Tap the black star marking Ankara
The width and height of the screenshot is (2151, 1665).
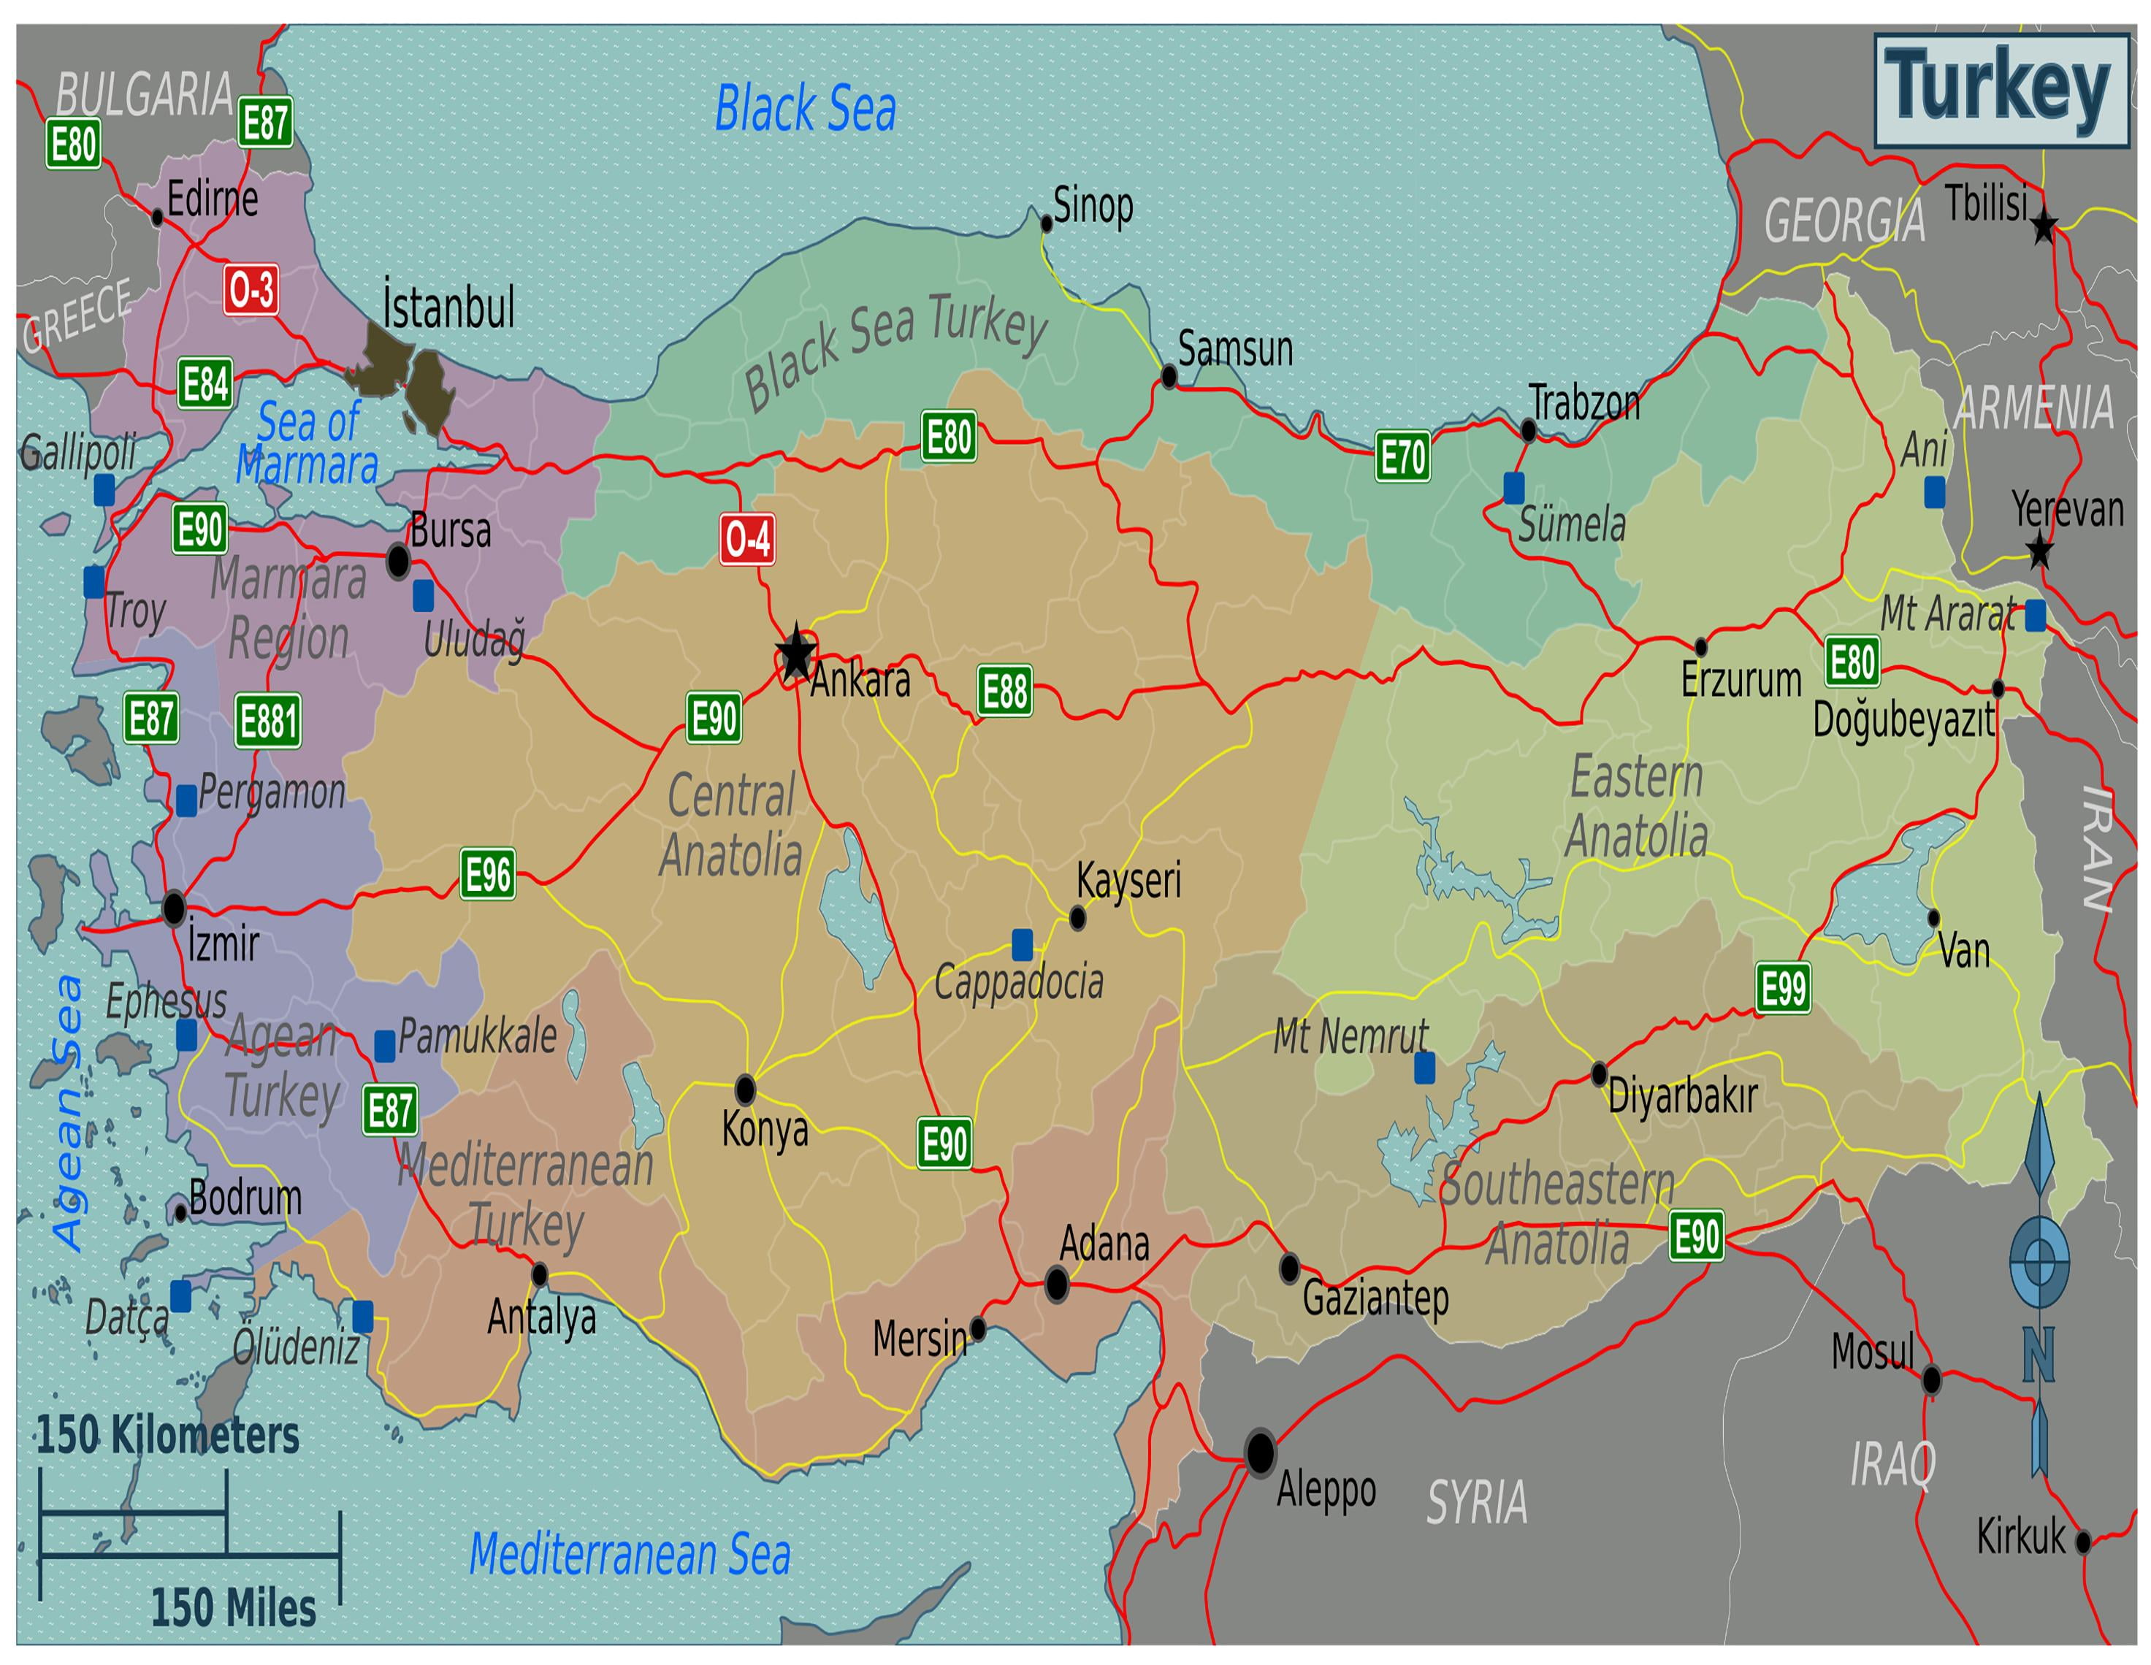796,653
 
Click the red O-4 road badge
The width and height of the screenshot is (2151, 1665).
746,539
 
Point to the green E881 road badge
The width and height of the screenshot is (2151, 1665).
268,721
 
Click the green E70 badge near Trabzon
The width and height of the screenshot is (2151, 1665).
1402,457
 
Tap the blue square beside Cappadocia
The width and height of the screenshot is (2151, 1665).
1023,944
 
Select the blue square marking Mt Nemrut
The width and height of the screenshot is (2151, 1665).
1424,1068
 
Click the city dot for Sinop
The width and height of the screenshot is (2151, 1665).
1047,223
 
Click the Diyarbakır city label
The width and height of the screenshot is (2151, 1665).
1682,1097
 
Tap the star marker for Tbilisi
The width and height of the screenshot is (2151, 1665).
2044,227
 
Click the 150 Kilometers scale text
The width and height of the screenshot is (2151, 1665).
167,1434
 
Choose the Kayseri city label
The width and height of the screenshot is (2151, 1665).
1128,879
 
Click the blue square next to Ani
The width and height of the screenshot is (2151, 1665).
1936,491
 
